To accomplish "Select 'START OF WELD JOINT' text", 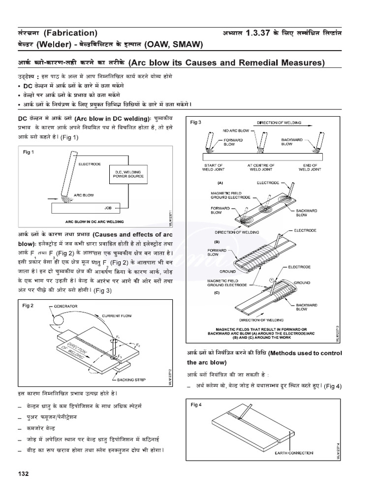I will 213,167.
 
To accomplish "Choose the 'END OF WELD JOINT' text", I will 310,167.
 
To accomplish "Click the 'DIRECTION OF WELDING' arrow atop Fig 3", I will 279,122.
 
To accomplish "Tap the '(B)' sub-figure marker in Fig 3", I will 216,243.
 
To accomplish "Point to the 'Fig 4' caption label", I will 196,404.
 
